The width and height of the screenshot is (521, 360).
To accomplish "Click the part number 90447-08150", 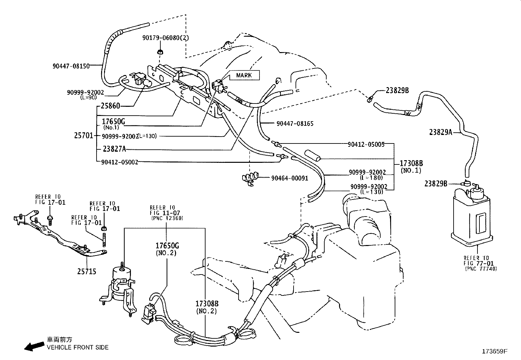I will point(71,66).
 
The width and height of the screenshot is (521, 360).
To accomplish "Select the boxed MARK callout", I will point(244,75).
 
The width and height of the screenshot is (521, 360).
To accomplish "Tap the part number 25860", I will point(110,106).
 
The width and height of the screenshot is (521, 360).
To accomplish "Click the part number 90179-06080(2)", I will point(166,38).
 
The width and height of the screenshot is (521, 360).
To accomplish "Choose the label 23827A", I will point(114,149).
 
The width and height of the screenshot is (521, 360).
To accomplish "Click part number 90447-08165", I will point(295,123).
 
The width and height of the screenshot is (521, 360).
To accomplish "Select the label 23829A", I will point(440,132).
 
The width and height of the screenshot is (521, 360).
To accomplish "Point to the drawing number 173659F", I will point(494,351).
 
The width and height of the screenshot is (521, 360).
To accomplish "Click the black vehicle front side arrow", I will point(34,346).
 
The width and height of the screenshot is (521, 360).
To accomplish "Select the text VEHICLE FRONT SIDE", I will point(78,347).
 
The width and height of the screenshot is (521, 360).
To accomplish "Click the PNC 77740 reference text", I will point(480,269).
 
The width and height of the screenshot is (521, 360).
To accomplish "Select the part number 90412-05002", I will point(119,162).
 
